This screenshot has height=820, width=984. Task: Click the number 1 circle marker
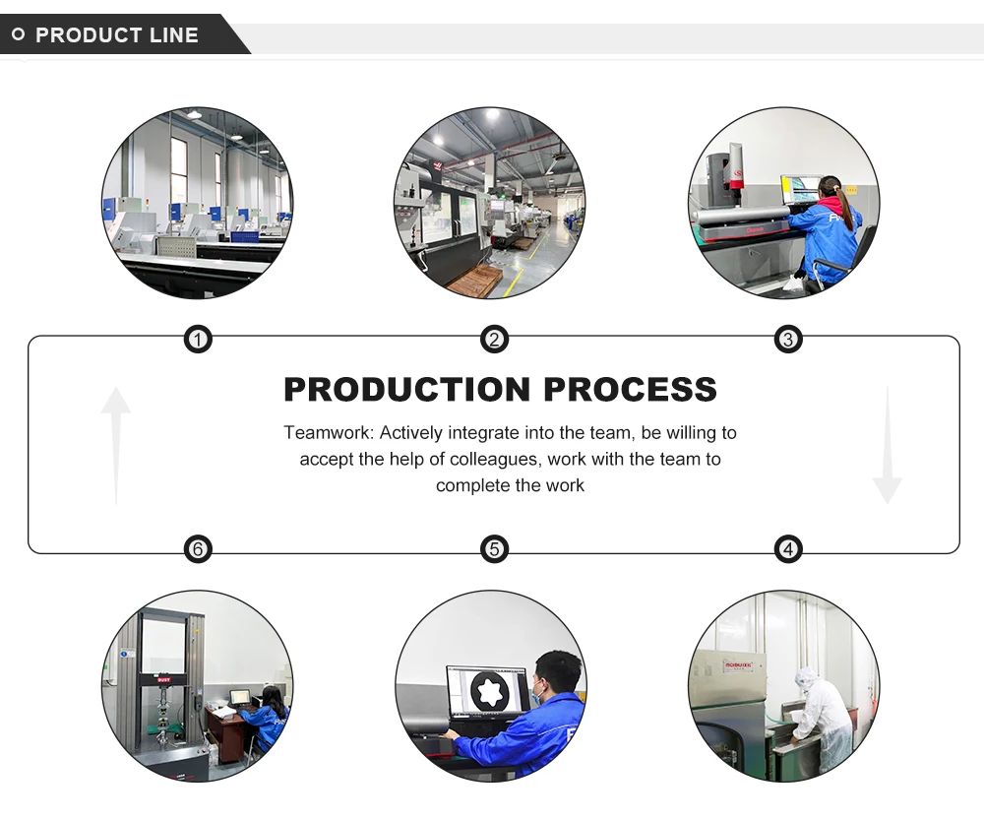[x=198, y=341]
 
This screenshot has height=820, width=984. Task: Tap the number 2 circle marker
[x=494, y=341]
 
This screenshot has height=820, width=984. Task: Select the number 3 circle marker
[x=788, y=341]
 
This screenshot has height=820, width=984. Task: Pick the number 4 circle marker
[x=788, y=548]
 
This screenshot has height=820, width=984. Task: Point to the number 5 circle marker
[x=494, y=548]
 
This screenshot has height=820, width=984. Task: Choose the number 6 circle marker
[x=198, y=548]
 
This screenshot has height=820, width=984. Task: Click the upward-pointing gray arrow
[x=116, y=443]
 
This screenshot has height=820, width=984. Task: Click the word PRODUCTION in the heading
[x=407, y=390]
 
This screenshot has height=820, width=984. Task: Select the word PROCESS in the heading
[x=630, y=390]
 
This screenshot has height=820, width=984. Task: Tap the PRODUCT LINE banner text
[x=117, y=35]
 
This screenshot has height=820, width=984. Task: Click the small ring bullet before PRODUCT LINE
[x=18, y=35]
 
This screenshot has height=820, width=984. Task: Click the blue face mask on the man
[x=537, y=695]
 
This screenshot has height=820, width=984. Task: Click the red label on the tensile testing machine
[x=164, y=679]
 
